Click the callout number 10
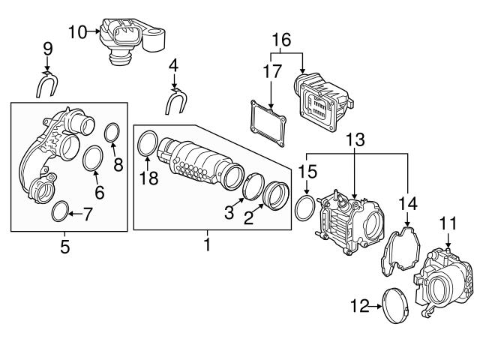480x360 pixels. point(77,31)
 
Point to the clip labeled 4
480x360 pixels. point(177,100)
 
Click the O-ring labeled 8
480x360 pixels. point(112,133)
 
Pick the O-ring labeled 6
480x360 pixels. point(93,159)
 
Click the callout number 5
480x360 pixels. point(64,246)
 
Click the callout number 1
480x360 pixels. point(208,244)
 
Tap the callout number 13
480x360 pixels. point(355,139)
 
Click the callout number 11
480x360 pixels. point(448,223)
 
